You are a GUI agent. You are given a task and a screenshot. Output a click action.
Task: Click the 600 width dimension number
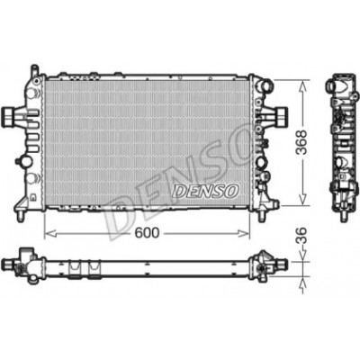147,232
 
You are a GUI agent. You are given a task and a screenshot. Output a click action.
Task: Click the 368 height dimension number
301,142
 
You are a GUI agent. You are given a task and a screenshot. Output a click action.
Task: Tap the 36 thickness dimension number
301,235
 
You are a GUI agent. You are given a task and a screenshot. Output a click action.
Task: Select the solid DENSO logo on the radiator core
207,191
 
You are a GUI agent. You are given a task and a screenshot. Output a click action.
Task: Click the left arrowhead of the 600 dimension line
50,233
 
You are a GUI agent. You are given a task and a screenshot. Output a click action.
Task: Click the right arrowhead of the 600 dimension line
243,233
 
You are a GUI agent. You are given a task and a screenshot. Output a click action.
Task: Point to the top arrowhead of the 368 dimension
303,85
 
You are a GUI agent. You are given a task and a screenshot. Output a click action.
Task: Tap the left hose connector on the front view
9,116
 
